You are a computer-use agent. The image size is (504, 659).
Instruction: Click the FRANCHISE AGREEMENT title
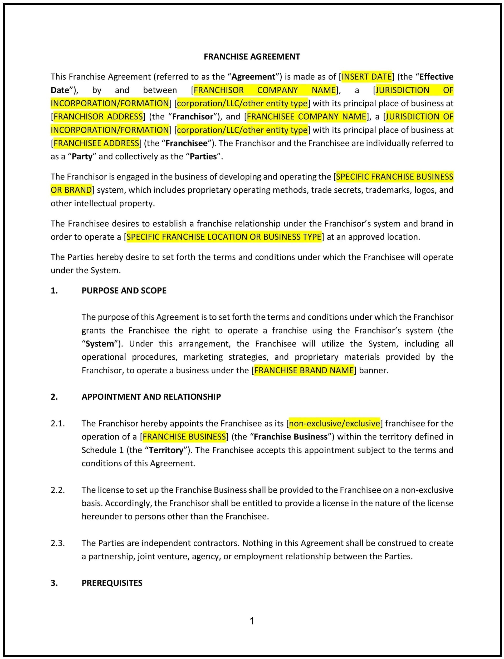252,57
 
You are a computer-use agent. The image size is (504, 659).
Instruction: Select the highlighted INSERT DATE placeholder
366,77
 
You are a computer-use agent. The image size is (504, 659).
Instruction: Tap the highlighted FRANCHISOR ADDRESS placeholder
98,117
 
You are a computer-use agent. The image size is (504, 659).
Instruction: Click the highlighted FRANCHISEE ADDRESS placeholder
96,143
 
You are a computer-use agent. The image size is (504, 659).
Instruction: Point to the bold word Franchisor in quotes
193,117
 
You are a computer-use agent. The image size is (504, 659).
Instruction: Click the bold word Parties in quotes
203,157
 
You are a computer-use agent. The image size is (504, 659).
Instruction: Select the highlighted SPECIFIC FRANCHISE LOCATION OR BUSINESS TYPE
224,237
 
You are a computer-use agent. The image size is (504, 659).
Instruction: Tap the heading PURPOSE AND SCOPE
124,291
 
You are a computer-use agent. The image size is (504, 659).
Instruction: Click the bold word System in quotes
100,344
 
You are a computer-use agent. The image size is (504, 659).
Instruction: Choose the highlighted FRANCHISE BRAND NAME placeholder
304,370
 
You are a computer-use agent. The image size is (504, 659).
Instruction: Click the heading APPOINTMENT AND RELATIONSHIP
151,397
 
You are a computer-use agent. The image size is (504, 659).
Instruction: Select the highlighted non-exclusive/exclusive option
334,423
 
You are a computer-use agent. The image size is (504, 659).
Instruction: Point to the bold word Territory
166,450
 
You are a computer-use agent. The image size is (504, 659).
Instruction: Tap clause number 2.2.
58,490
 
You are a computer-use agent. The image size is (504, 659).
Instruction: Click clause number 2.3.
58,543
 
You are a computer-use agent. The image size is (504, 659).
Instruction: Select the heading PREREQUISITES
112,583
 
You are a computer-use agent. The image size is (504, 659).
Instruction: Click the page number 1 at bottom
252,621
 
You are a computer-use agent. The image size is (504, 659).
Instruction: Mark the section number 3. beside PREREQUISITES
54,583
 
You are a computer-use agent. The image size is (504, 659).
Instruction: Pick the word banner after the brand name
373,370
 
